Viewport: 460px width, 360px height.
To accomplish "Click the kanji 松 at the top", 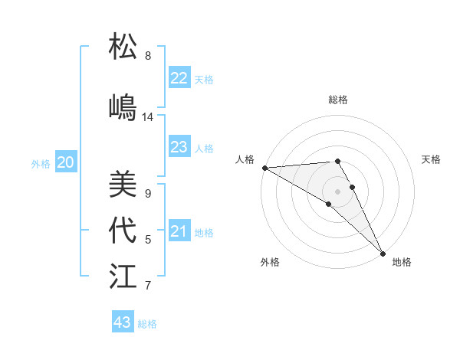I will pos(123,47).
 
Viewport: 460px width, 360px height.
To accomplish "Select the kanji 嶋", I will pos(123,106).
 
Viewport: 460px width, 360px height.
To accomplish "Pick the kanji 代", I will pos(123,231).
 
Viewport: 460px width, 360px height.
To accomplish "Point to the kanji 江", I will pos(123,277).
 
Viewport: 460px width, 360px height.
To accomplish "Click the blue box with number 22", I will pos(179,77).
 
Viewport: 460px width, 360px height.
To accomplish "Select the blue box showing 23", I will pos(179,147).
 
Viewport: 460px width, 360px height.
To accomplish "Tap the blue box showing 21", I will pos(179,231).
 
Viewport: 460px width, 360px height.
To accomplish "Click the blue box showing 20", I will pos(66,162).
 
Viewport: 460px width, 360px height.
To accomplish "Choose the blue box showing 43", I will pos(123,322).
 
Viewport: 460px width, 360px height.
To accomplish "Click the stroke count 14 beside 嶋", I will pos(148,117).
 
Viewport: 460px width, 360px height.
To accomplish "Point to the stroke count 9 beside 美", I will pos(147,194).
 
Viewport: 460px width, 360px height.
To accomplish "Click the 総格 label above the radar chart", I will pos(338,100).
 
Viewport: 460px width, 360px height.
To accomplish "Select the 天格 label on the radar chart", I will pos(432,159).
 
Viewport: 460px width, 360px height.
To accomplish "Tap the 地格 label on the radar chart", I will pos(402,262).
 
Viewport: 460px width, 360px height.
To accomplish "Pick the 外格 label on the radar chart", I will pos(270,262).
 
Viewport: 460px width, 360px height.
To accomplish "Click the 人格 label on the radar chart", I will pos(245,159).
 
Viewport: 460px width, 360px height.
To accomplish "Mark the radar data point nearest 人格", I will pos(264,167).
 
